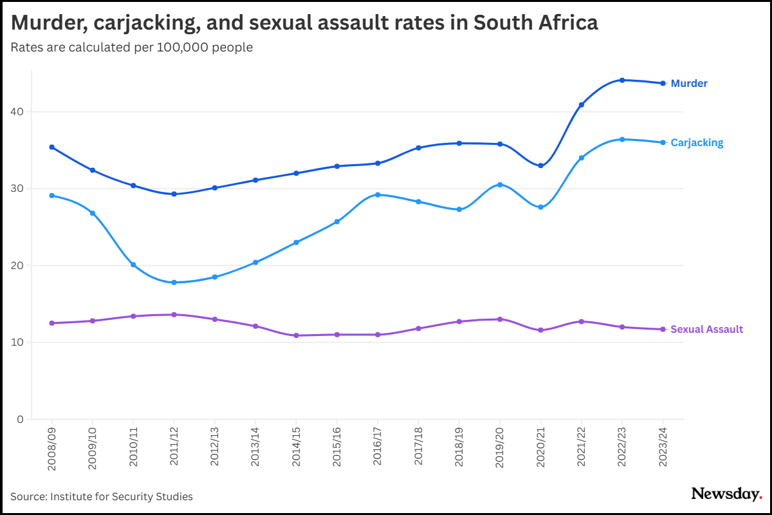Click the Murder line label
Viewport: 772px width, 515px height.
click(x=689, y=84)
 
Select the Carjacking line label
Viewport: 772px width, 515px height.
click(x=697, y=143)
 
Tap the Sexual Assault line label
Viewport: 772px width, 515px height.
click(x=706, y=330)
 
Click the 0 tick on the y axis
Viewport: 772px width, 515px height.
click(x=19, y=420)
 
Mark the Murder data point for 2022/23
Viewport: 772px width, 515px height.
click(x=622, y=80)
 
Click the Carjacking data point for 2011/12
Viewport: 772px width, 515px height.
click(x=174, y=283)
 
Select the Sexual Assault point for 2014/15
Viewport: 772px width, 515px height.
click(x=296, y=335)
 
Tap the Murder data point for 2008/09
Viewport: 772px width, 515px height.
click(x=52, y=147)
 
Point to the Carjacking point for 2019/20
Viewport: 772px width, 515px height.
click(x=500, y=185)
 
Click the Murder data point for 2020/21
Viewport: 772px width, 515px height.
click(x=540, y=165)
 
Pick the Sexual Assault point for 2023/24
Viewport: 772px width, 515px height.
click(x=663, y=330)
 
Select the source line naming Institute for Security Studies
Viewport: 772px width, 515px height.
click(x=102, y=496)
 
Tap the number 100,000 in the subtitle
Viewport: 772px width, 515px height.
click(x=180, y=48)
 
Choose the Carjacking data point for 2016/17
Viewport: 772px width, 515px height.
click(x=378, y=194)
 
